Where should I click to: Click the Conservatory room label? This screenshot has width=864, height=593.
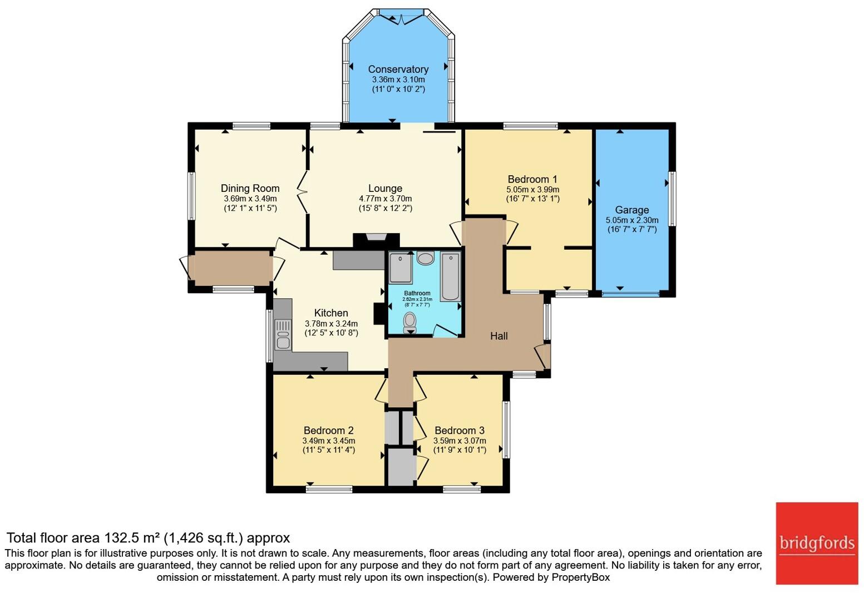coord(398,70)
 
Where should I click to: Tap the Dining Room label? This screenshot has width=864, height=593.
coord(250,189)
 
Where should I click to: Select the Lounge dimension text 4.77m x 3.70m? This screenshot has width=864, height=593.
coord(386,199)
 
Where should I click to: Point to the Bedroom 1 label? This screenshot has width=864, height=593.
coord(532,179)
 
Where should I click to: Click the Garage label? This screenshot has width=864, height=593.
coord(632,210)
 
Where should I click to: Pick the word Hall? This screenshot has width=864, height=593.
coord(498,336)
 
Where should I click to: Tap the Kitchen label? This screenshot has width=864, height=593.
coord(331,313)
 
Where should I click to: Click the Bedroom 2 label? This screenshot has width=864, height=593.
coord(329,431)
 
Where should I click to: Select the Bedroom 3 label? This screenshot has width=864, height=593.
coord(460,431)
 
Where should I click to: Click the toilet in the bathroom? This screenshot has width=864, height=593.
coord(409,323)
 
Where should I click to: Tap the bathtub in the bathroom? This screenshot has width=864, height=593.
coord(451,276)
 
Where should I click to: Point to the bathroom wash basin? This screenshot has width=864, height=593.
coord(426,258)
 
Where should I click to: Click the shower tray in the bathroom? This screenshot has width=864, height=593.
coord(401,268)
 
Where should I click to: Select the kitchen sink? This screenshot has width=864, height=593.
coord(283,334)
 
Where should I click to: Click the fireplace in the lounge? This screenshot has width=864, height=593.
coord(376,240)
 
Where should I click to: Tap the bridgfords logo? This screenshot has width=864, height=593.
coord(817,543)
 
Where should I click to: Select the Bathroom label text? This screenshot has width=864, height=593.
coord(417,293)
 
